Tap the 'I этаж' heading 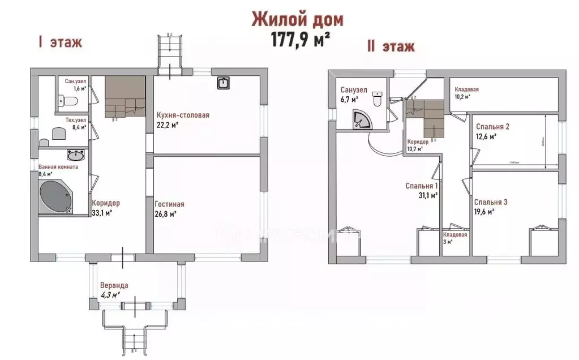coord(60,42)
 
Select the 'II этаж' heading coord(391,46)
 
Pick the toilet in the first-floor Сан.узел coord(70,101)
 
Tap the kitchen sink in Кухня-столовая coord(222,84)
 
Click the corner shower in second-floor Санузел coord(359,118)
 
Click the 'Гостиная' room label coord(169,204)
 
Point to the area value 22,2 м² coord(168,125)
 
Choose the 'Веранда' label coord(114,285)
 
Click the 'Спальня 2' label coord(492,126)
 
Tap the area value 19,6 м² coord(484,212)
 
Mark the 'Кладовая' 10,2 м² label coord(467,89)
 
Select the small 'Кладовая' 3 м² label coord(455,234)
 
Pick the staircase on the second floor coord(426,117)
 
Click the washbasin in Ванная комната coord(75,154)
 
